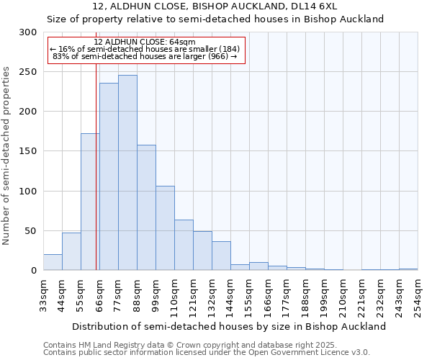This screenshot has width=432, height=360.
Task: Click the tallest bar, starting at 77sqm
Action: pos(127,173)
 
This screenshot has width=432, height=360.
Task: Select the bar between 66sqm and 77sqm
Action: pos(109,176)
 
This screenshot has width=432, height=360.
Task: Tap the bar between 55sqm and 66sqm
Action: pos(90,202)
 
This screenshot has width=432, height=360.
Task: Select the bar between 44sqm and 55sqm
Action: pos(71,251)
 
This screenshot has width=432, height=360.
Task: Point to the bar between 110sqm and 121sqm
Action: pos(184,245)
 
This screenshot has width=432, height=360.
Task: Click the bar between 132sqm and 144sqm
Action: pos(221,256)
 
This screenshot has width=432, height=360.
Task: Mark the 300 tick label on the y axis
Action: pos(28,32)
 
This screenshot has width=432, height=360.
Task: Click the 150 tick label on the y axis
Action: pos(28,151)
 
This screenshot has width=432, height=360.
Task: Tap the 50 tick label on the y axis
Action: pos(31,231)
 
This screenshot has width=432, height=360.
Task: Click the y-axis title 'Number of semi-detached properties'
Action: pos(7,156)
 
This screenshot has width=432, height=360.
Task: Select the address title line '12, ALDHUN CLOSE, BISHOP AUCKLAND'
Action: pos(215,6)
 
